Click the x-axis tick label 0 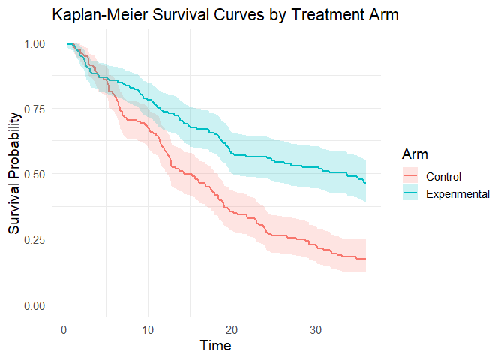pyautogui.click(x=64, y=329)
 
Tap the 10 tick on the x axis pyautogui.click(x=148, y=329)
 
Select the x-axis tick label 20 pyautogui.click(x=232, y=329)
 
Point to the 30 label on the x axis pyautogui.click(x=316, y=329)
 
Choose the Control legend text pyautogui.click(x=443, y=177)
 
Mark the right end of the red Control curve pyautogui.click(x=366, y=259)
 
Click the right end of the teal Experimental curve pyautogui.click(x=366, y=182)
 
